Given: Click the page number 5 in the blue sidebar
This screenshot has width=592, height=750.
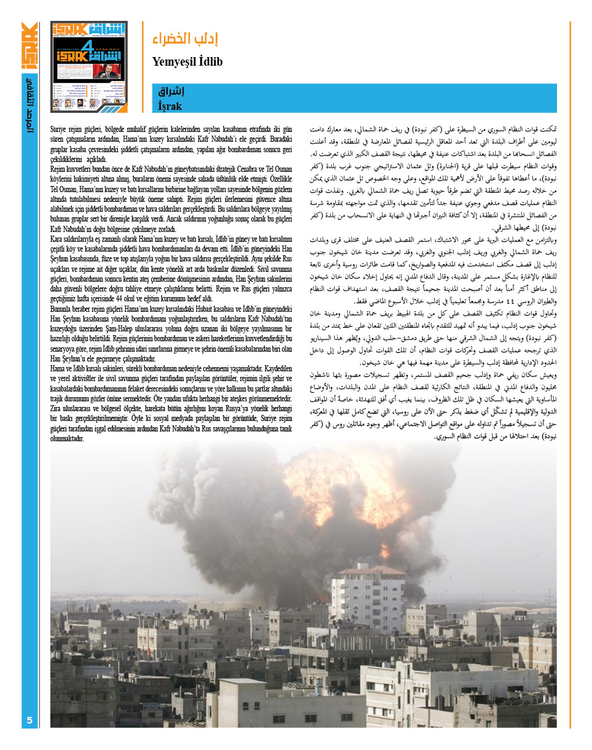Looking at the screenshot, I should pos(29,719).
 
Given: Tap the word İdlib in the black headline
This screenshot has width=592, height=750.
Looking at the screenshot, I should pos(209,62).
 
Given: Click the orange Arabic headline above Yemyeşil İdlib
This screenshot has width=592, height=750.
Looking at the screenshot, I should pos(185,39).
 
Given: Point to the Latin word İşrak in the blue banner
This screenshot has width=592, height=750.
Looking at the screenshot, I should pos(169,106).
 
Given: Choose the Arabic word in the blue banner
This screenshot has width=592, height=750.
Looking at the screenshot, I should pos(171,91).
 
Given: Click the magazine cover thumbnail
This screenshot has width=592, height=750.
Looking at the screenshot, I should pos(89,67).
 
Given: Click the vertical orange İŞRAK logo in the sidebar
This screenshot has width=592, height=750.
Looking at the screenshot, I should pos(29,46).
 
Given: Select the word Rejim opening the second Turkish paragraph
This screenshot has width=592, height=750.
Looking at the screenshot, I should pos(59,168).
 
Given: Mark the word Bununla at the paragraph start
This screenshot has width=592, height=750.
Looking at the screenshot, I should pos(63,309).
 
